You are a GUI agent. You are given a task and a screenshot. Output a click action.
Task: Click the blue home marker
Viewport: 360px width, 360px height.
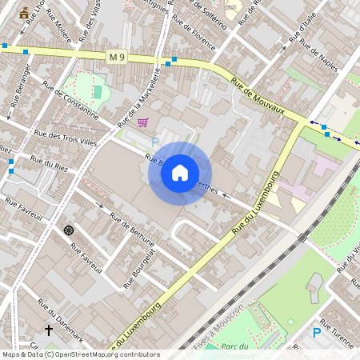point(180,172)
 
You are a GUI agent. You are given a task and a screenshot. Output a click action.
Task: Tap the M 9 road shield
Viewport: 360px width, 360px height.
point(117,55)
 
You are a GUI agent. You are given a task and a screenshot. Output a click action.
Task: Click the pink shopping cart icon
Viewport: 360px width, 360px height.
point(142,122)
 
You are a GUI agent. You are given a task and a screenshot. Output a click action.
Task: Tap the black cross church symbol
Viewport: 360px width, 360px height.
point(48,330)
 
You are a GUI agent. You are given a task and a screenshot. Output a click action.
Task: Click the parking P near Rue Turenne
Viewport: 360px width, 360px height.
point(317,332)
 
